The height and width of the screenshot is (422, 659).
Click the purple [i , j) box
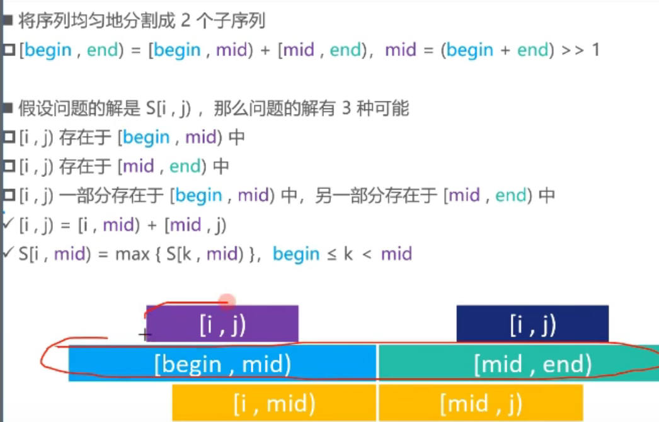(222, 324)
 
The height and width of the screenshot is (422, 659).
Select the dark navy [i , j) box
(532, 324)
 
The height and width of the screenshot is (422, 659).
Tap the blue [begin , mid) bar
(222, 364)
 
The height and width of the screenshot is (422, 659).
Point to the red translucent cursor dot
(227, 301)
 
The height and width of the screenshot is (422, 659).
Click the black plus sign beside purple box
(145, 334)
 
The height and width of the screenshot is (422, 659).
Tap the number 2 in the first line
(185, 21)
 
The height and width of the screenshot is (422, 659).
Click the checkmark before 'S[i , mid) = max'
(8, 253)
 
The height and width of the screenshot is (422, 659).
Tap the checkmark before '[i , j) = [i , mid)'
(8, 224)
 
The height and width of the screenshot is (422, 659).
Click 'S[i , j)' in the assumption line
(170, 109)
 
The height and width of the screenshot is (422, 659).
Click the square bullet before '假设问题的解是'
(8, 108)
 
